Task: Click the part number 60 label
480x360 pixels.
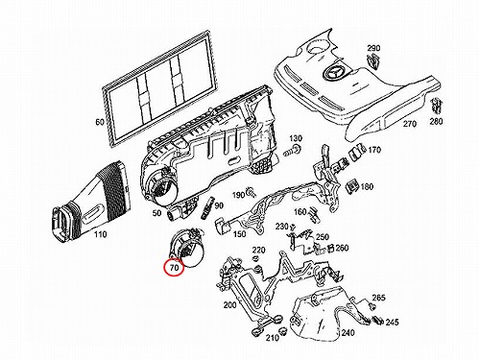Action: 100,122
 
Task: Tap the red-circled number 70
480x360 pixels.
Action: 174,268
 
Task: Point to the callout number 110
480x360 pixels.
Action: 100,234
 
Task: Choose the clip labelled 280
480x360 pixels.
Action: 437,106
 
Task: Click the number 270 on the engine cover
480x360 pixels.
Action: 410,124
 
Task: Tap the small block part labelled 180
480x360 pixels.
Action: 353,186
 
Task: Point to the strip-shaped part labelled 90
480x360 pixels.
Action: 208,208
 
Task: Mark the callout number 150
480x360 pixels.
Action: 239,234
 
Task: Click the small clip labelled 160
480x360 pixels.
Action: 314,215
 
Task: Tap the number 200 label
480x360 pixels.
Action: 229,305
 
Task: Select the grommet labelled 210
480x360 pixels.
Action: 281,331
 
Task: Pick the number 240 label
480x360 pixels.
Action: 348,333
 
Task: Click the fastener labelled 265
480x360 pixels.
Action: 372,307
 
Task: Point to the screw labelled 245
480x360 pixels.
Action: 378,321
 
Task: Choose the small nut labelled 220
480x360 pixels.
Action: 255,258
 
